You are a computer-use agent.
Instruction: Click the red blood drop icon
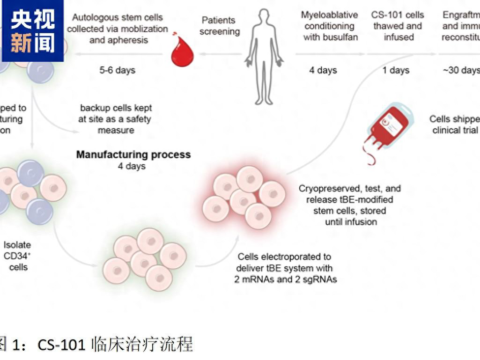(x=182, y=51)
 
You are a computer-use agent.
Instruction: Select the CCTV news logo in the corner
(x=32, y=31)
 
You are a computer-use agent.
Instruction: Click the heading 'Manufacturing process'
(x=133, y=154)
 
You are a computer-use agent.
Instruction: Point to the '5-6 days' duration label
(x=117, y=70)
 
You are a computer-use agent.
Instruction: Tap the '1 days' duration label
(x=396, y=70)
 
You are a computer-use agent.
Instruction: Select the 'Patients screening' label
(x=219, y=26)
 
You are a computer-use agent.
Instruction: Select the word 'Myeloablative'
(x=329, y=15)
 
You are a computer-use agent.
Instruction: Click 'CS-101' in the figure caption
(x=62, y=345)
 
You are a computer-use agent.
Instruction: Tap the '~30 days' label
(x=461, y=70)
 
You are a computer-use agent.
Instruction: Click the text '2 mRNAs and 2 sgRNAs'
(x=286, y=279)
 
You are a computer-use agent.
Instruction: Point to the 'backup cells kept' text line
(x=116, y=108)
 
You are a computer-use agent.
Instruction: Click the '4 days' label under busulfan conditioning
(x=323, y=70)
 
